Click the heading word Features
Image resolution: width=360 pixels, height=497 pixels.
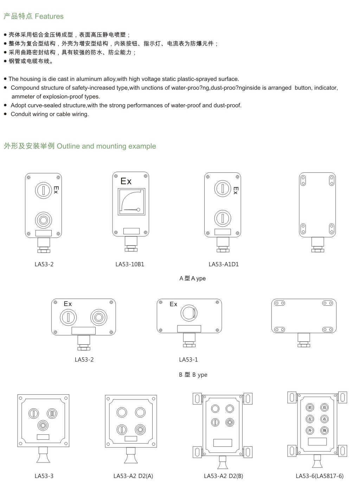(49, 16)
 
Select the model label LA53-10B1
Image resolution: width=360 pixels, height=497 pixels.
(130, 264)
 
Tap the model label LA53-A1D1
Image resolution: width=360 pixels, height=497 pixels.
(224, 264)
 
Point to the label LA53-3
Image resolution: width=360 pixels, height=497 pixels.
(44, 476)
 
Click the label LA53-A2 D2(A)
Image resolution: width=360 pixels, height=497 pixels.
(133, 476)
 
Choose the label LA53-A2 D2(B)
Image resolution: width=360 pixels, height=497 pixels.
(223, 476)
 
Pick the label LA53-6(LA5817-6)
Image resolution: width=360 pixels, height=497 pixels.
(320, 476)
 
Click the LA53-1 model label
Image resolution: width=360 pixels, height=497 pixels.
(188, 359)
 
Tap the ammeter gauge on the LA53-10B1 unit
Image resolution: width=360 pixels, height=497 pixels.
(131, 202)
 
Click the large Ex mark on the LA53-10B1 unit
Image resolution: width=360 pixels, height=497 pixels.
(126, 181)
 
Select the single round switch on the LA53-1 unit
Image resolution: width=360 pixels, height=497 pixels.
(189, 312)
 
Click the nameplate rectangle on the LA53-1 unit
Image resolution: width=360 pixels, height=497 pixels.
(189, 329)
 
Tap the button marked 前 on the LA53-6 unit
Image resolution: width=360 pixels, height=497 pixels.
(310, 408)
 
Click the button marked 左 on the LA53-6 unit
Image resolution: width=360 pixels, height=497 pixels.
(310, 419)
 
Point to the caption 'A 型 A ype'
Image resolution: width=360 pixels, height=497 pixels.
(192, 278)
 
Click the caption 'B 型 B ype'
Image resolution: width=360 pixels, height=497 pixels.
(193, 375)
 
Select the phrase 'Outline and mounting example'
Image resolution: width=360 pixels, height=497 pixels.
(106, 146)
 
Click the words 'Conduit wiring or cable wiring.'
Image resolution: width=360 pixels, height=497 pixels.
(50, 114)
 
